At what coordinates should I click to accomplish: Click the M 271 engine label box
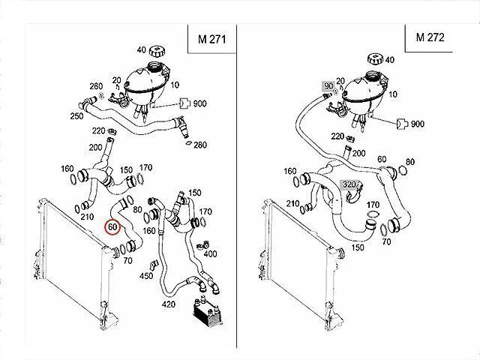tap(211, 39)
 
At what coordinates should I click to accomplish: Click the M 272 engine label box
tap(429, 37)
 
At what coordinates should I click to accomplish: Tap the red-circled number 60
tap(112, 226)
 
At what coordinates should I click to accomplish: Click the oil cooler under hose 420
tap(207, 311)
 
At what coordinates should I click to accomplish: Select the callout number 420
tap(169, 304)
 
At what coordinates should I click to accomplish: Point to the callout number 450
tap(146, 276)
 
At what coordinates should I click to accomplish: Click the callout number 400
tap(210, 253)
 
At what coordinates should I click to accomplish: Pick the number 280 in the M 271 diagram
tap(200, 145)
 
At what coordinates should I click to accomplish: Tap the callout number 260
tap(96, 86)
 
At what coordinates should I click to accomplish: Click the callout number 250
tap(76, 116)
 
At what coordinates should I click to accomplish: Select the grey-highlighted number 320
tap(349, 184)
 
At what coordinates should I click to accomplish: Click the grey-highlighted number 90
tap(328, 86)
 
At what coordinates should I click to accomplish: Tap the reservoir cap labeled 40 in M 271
tap(157, 51)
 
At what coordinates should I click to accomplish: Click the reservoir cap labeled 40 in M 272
tap(374, 58)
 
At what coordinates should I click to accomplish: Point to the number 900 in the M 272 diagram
tap(418, 124)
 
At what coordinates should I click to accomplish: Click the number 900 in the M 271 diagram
tap(200, 103)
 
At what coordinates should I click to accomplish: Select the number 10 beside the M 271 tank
tap(175, 85)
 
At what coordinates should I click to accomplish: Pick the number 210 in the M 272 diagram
tap(293, 203)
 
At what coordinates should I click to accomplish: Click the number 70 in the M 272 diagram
tap(387, 241)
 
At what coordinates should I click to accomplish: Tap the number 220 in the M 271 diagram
tap(98, 131)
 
